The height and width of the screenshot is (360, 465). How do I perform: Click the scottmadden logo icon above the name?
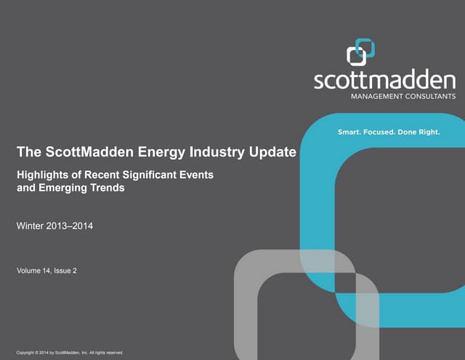[360, 53]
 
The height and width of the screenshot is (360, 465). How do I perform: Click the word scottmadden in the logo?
[385, 80]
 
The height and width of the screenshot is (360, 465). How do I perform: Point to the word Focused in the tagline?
[387, 132]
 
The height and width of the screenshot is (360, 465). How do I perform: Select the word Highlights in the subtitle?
[42, 175]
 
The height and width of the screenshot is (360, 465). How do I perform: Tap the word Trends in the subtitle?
[106, 188]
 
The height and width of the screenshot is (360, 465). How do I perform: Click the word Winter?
[30, 227]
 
